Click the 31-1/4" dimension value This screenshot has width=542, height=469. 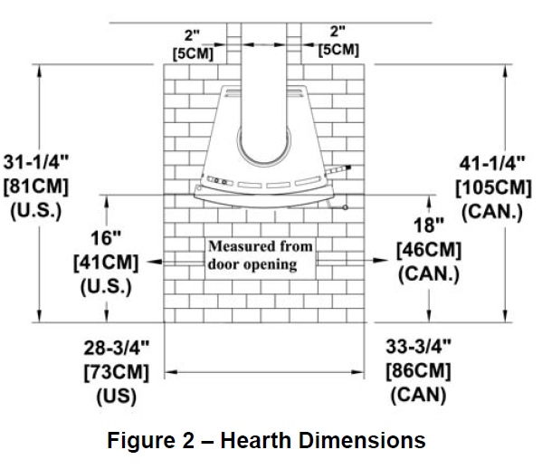[36, 162]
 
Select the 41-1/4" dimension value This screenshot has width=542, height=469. [492, 163]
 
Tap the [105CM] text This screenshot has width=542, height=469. [493, 188]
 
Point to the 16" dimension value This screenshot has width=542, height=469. [106, 238]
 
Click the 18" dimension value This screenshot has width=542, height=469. [429, 225]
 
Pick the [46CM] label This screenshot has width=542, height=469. [429, 250]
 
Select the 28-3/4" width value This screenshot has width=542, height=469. [117, 348]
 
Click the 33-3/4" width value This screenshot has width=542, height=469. [418, 346]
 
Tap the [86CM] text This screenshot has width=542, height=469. [418, 371]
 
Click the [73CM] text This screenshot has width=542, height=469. [117, 372]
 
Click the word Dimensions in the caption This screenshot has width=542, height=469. [362, 440]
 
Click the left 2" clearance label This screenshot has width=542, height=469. [192, 35]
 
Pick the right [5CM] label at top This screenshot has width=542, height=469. [338, 50]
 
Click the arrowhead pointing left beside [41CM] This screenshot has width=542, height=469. [155, 262]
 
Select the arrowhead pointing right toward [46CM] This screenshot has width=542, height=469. [380, 260]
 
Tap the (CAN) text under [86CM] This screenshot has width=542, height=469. [418, 395]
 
